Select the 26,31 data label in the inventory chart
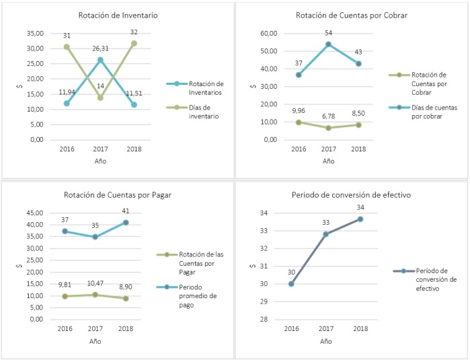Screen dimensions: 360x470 [100, 48]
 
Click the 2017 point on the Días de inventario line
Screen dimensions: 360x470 [100, 98]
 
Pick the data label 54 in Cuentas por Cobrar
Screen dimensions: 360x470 [328, 33]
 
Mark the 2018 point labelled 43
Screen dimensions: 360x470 [359, 64]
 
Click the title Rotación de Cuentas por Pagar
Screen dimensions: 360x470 [118, 195]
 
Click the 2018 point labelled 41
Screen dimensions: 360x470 [126, 223]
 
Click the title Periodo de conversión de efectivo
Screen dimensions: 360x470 [351, 195]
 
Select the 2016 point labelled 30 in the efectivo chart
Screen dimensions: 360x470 [291, 284]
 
